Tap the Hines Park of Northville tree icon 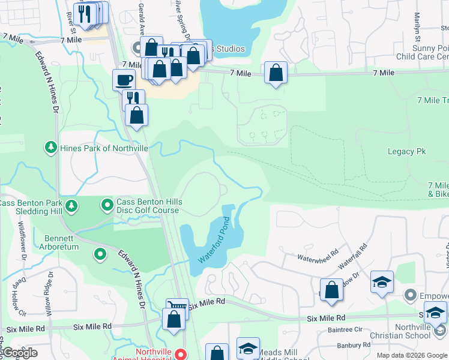click(x=51, y=147)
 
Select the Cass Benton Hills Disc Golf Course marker click(x=107, y=206)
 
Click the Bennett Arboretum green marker click(x=100, y=254)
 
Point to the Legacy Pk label click(x=406, y=152)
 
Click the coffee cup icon click(x=124, y=79)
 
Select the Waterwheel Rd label click(x=318, y=254)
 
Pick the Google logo click(x=19, y=353)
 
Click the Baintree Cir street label click(x=346, y=329)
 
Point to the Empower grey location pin click(x=411, y=295)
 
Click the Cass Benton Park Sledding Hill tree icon click(x=71, y=206)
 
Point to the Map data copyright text click(x=411, y=355)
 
